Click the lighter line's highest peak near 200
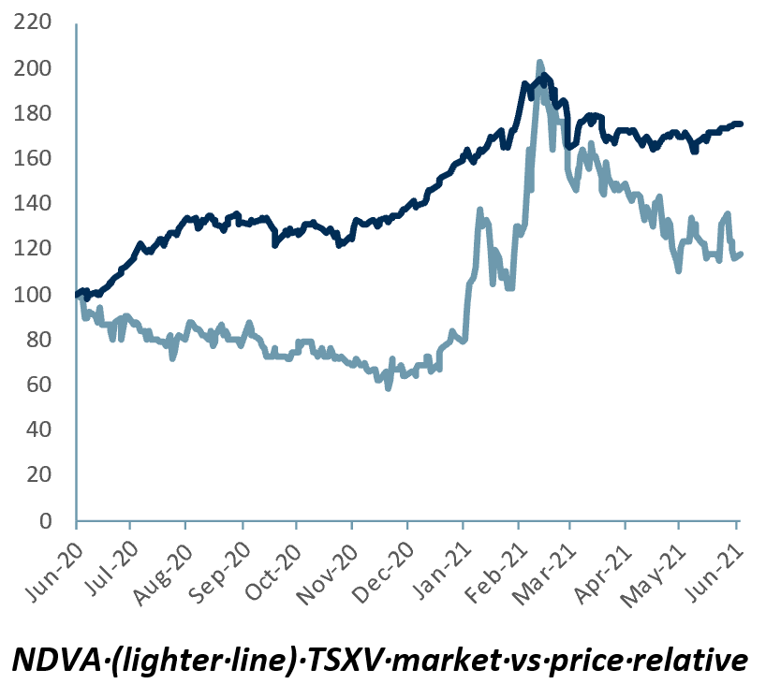pos(539,63)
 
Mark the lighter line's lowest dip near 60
pos(388,386)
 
